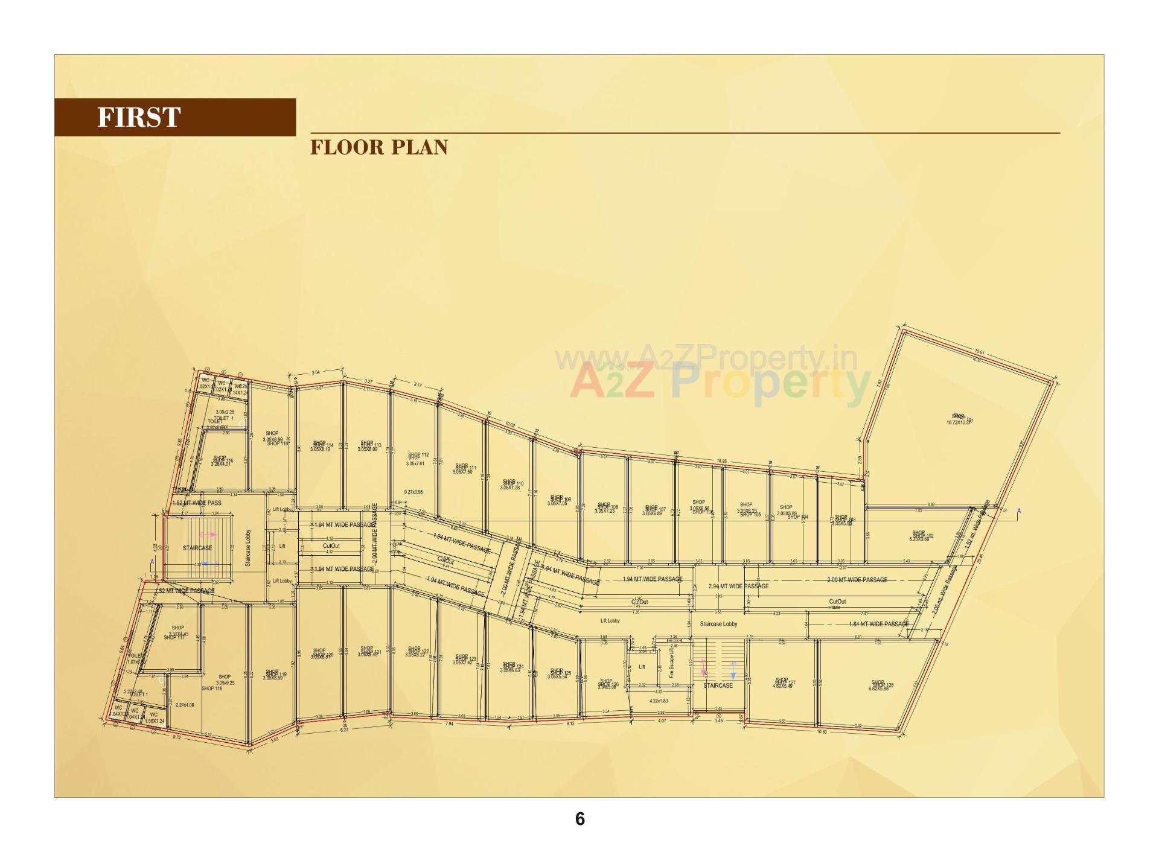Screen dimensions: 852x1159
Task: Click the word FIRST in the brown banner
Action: pyautogui.click(x=139, y=117)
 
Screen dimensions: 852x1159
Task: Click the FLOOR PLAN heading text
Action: pyautogui.click(x=379, y=147)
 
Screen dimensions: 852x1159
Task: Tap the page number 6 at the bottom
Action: pyautogui.click(x=579, y=819)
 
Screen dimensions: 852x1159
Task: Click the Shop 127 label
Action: pyautogui.click(x=785, y=683)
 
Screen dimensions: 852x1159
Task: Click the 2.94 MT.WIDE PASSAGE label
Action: pyautogui.click(x=738, y=586)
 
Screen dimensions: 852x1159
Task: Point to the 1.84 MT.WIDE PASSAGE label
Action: pyautogui.click(x=878, y=624)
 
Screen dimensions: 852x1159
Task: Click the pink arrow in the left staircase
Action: pyautogui.click(x=205, y=535)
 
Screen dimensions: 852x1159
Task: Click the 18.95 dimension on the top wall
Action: pyautogui.click(x=721, y=461)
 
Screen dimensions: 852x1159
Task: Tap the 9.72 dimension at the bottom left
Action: pyautogui.click(x=176, y=737)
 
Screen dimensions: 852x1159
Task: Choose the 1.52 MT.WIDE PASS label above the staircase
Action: pyautogui.click(x=197, y=503)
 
